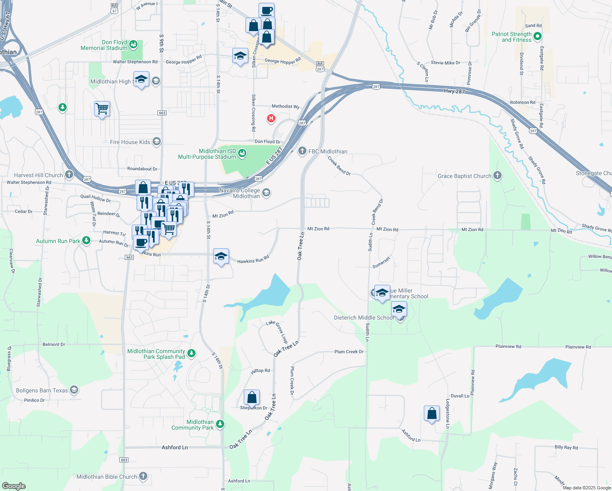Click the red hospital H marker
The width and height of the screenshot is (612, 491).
pos(271,119)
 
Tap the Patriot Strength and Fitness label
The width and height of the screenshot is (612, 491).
pos(511,37)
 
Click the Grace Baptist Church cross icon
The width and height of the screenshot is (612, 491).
pos(497,176)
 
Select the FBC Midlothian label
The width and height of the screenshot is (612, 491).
pos(328,151)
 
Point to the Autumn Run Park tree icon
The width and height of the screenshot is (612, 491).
pos(86,241)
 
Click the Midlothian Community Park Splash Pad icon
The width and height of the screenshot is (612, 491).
pos(191,353)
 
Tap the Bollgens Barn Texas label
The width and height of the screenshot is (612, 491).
pos(42,390)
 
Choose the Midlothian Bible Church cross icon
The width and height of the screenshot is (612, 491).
pos(143,476)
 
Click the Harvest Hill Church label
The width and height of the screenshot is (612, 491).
pos(38,175)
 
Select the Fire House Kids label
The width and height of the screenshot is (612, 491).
pos(130,142)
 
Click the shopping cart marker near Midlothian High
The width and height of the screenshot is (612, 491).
pos(102,109)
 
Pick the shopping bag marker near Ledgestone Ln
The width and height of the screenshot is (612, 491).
pos(432,414)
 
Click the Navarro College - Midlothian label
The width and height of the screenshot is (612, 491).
pos(240,193)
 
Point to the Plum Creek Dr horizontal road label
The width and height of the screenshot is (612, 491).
pos(349,352)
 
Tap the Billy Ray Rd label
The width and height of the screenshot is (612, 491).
pos(566,447)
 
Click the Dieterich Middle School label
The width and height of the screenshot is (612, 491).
pos(364,318)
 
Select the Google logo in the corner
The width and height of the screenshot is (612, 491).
pos(13,486)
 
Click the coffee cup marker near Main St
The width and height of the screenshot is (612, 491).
pos(266,11)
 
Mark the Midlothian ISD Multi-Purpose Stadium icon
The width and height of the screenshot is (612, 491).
pos(242,153)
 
